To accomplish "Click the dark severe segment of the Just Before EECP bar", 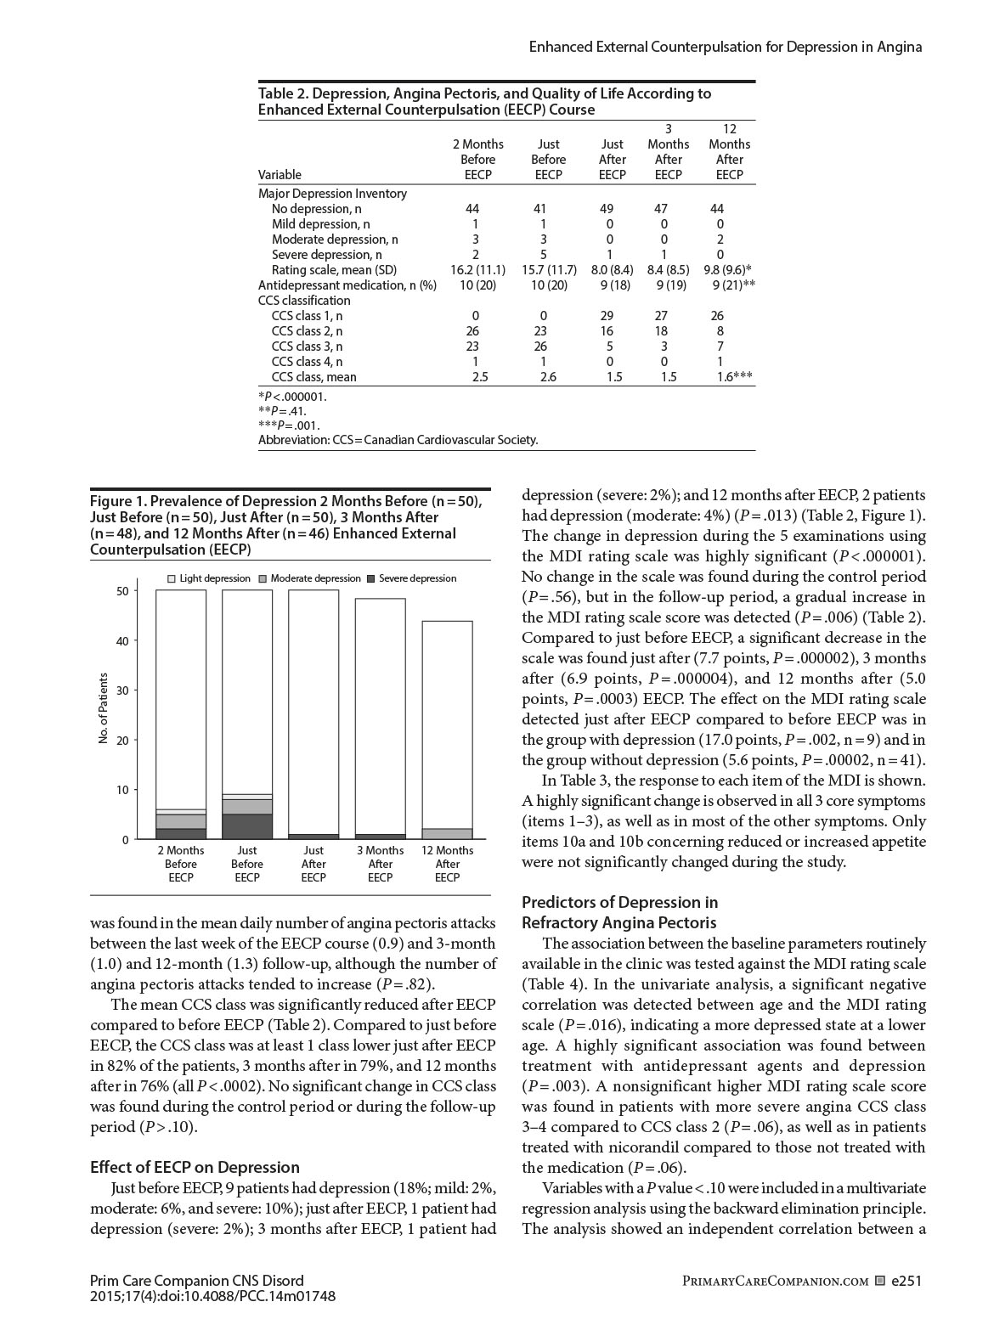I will coord(247,826).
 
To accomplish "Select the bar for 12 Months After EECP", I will coord(447,730).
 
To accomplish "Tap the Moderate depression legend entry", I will coord(309,578).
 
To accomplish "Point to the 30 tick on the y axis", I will coord(123,690).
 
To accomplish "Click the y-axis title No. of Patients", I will coord(104,708).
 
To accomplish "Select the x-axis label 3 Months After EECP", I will coord(380,864).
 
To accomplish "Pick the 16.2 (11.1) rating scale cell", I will coord(477,270).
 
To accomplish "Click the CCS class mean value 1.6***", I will coord(734,377).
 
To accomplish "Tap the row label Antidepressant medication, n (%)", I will coord(347,285).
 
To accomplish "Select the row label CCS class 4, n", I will coord(307,362).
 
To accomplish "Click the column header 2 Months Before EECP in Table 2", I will coord(477,160).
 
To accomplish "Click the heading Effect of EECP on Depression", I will coord(195,1167).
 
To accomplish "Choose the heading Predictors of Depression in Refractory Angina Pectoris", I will coord(619,912).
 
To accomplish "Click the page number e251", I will coord(906,1281).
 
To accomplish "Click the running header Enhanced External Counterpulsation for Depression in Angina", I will coord(725,47).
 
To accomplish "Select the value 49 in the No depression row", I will coord(607,209).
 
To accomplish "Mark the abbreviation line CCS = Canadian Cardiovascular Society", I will coord(398,440).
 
